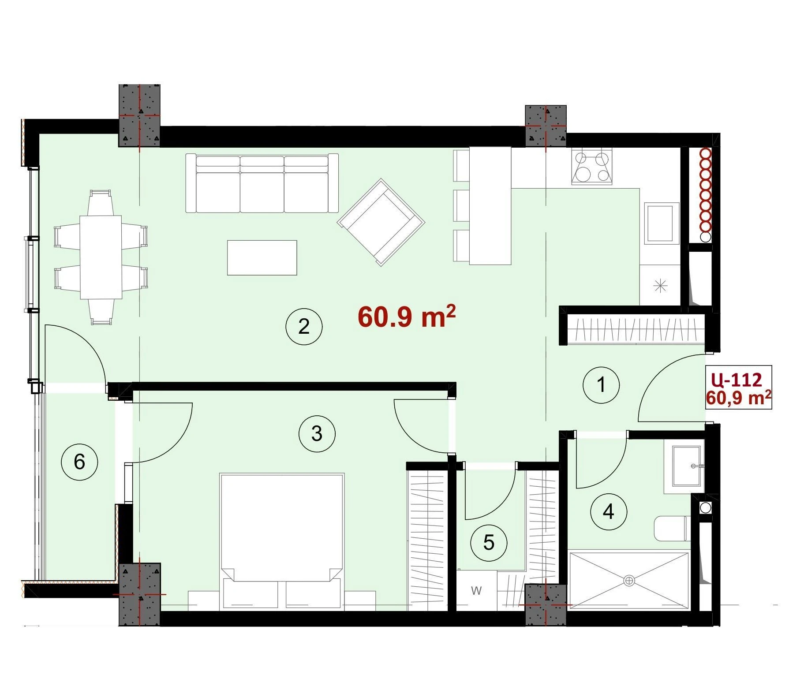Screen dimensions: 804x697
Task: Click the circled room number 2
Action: pyautogui.click(x=304, y=327)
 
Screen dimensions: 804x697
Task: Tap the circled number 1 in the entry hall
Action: pyautogui.click(x=601, y=385)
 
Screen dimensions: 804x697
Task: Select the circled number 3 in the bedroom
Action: pyautogui.click(x=317, y=434)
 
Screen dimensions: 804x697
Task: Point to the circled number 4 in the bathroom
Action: pyautogui.click(x=609, y=512)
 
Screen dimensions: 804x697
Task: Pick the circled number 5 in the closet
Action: pyautogui.click(x=489, y=543)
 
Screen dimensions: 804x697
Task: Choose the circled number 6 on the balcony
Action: pyautogui.click(x=79, y=462)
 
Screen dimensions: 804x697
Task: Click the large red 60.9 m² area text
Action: pyautogui.click(x=407, y=316)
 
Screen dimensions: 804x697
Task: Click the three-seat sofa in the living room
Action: pyautogui.click(x=262, y=183)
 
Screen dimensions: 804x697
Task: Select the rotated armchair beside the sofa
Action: pyautogui.click(x=381, y=222)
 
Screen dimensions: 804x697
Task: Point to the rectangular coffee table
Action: pyautogui.click(x=262, y=257)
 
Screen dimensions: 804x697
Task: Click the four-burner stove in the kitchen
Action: pyautogui.click(x=592, y=166)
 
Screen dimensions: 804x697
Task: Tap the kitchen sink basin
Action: pyautogui.click(x=660, y=224)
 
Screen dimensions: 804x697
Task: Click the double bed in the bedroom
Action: pyautogui.click(x=282, y=542)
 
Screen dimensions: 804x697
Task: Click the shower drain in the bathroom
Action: pyautogui.click(x=629, y=581)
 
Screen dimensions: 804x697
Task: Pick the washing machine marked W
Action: pyautogui.click(x=476, y=590)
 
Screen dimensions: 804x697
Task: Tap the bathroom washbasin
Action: pyautogui.click(x=686, y=466)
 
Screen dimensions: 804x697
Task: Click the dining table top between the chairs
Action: pyautogui.click(x=101, y=257)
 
